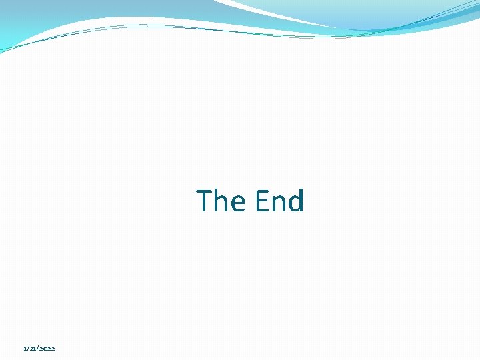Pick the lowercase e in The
[x=235, y=203]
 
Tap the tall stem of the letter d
[x=301, y=200]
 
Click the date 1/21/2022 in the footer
[x=39, y=349]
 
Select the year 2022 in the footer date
[x=47, y=349]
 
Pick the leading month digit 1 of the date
[x=24, y=349]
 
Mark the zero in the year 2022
[x=45, y=349]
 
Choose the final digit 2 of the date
[x=53, y=349]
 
